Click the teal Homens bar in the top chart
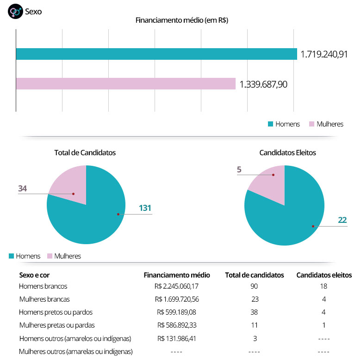(156, 54)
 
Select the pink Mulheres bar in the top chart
(126, 83)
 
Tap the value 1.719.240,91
(324, 54)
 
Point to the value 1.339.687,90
(263, 84)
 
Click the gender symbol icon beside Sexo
(15, 12)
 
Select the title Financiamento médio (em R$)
(181, 20)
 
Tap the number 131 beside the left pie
(145, 208)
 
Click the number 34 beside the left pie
(22, 188)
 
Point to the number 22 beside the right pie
(342, 220)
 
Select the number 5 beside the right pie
(239, 170)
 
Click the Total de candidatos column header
(254, 275)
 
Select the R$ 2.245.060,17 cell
(183, 286)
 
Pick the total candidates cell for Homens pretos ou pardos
(254, 312)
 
